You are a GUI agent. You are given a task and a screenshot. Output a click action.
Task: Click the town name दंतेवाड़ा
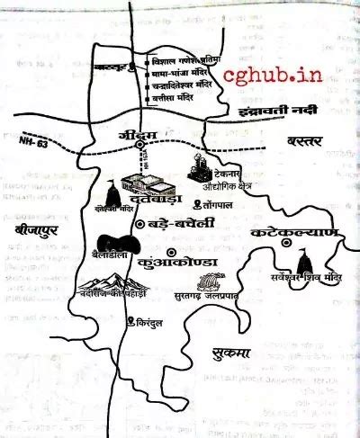[172, 195]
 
